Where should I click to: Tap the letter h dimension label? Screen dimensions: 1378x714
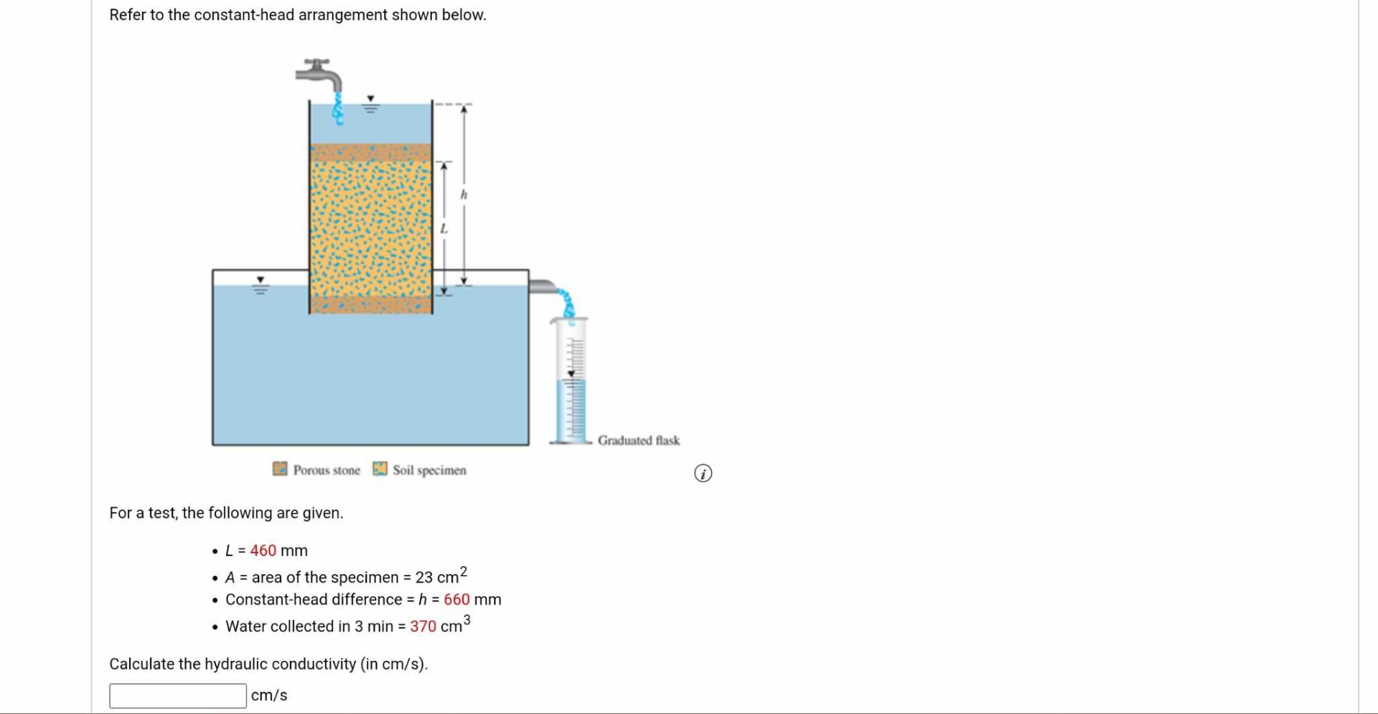[x=464, y=194]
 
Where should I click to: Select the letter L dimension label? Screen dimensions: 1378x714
[x=444, y=228]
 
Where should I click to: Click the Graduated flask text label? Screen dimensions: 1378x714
[x=638, y=441]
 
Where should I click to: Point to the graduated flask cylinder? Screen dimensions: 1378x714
[x=571, y=381]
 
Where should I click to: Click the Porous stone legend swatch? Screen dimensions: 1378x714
[x=280, y=469]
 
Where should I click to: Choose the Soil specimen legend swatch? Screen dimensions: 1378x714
[x=380, y=469]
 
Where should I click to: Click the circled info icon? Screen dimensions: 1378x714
[x=703, y=474]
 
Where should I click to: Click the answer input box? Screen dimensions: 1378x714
[x=178, y=695]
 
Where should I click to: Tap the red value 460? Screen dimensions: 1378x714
[x=263, y=550]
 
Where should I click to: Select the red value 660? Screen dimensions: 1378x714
[x=456, y=599]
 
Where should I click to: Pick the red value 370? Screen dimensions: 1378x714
[x=423, y=626]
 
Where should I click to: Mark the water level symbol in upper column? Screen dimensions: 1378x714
[x=370, y=105]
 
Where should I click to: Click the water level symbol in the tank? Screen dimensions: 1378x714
[x=261, y=286]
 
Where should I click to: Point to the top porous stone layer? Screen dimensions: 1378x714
[x=370, y=152]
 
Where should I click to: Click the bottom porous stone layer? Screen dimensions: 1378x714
[x=370, y=304]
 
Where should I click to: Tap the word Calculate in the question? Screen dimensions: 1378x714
[x=141, y=664]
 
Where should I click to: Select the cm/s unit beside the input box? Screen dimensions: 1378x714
[x=269, y=695]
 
